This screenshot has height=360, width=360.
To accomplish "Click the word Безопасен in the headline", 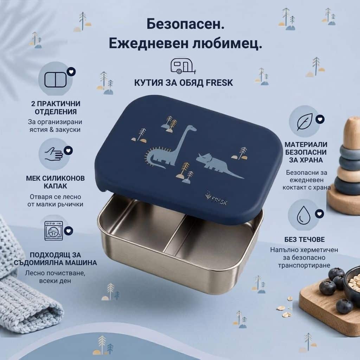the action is [x=185, y=24].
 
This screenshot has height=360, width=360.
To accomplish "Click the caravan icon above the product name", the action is [x=183, y=66].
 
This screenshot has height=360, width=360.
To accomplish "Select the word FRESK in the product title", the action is [x=219, y=83].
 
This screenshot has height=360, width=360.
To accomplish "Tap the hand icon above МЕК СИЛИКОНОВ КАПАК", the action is [x=54, y=154].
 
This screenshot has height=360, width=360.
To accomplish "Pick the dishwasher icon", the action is [x=54, y=231].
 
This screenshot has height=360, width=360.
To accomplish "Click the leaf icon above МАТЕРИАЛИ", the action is [x=305, y=122].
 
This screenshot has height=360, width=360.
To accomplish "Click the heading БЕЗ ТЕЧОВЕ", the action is [x=305, y=239].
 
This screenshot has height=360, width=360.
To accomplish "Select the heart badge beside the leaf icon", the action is [x=320, y=119].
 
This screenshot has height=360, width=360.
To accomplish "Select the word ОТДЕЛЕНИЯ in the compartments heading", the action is [x=56, y=112].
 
